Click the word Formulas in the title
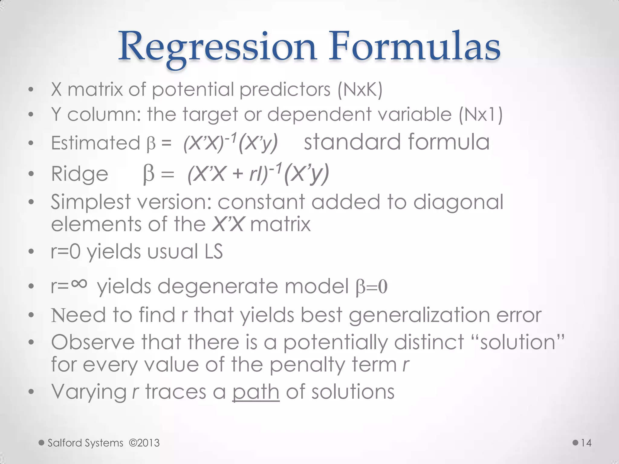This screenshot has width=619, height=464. (x=414, y=47)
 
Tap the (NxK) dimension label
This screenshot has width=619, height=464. (x=360, y=90)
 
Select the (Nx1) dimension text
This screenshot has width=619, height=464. (x=481, y=115)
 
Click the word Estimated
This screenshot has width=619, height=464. (x=96, y=143)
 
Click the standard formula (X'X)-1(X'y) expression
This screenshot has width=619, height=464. (x=230, y=143)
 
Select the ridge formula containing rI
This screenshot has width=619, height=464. (x=258, y=173)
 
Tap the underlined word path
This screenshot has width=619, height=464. (x=256, y=391)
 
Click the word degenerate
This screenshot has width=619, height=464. (x=218, y=286)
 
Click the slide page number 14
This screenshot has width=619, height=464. (x=586, y=443)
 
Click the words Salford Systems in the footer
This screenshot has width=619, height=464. (x=86, y=443)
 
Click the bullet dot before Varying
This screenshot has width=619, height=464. (x=31, y=392)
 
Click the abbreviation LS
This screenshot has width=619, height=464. (x=214, y=251)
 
